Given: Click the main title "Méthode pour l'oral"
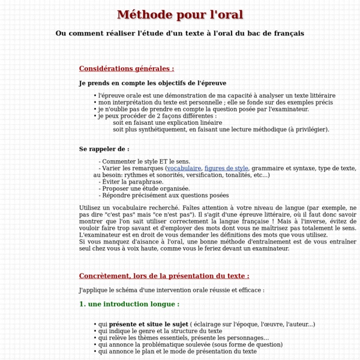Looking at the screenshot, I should click(x=180, y=14).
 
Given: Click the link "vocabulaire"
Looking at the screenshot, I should click(x=184, y=169).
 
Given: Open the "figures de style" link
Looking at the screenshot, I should click(x=226, y=169).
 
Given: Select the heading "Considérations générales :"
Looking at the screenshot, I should click(x=127, y=68).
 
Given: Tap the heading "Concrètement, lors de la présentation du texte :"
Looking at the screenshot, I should click(x=164, y=276).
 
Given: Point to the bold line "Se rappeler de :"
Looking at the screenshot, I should click(x=104, y=149).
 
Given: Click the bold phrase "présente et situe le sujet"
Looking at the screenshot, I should click(x=148, y=324).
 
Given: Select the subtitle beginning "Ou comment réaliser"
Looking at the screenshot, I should click(x=180, y=33).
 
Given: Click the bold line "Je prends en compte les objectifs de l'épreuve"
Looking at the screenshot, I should click(x=152, y=83).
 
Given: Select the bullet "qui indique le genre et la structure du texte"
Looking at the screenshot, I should click(x=160, y=331).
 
